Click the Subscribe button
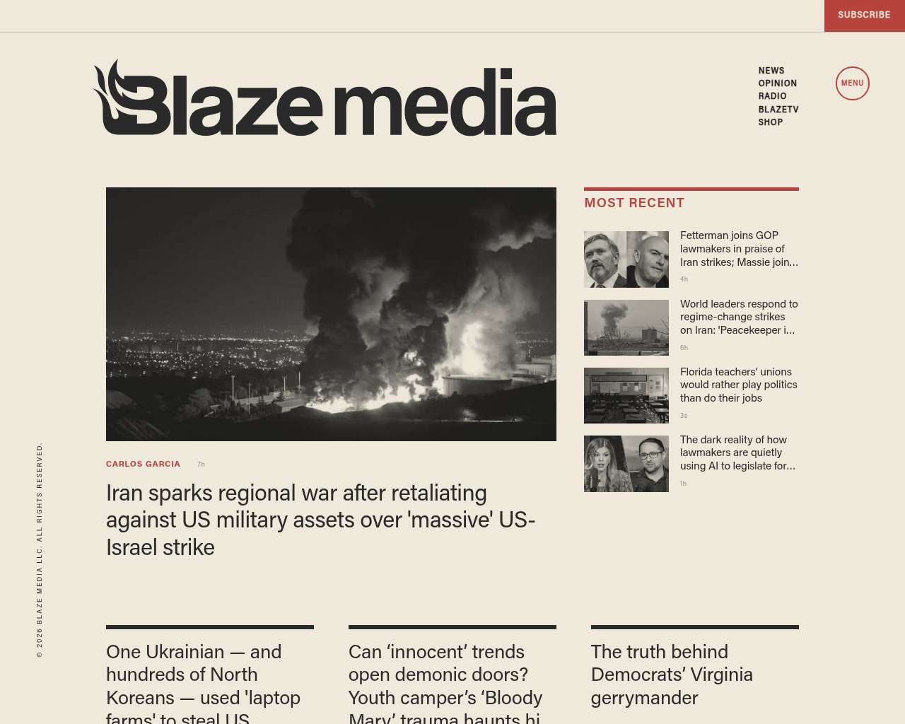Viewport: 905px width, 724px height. click(864, 15)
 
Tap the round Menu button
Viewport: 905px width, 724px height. click(852, 83)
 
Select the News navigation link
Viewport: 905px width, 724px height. click(771, 71)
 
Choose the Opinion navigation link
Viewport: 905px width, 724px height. click(778, 83)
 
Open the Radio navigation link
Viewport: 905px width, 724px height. click(773, 96)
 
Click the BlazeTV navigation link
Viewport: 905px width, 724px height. click(778, 110)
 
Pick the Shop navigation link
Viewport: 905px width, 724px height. click(771, 122)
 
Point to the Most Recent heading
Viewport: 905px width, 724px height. click(634, 203)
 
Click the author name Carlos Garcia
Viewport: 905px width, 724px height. click(143, 465)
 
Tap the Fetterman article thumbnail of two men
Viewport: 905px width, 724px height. click(626, 259)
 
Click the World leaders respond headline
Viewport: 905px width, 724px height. click(739, 317)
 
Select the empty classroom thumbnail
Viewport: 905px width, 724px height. click(626, 395)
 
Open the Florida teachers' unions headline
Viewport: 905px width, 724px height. click(738, 385)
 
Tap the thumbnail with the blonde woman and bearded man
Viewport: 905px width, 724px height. click(626, 464)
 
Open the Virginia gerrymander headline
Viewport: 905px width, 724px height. click(672, 675)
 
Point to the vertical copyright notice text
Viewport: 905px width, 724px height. click(40, 550)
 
